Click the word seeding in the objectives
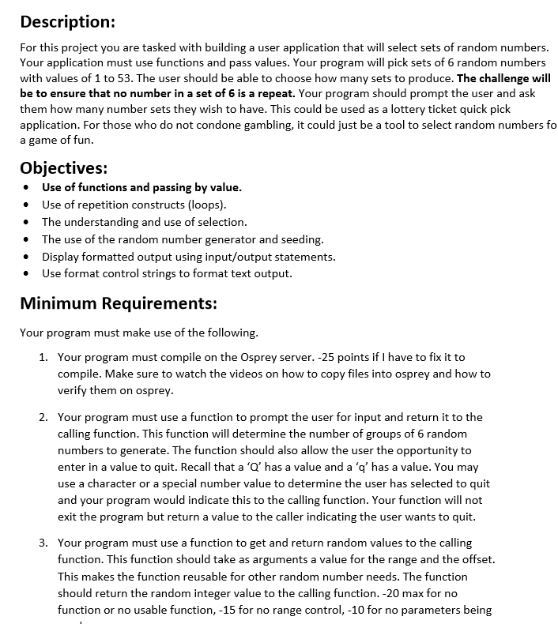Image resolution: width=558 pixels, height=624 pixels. [301, 239]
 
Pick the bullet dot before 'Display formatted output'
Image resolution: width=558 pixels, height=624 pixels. [28, 257]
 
